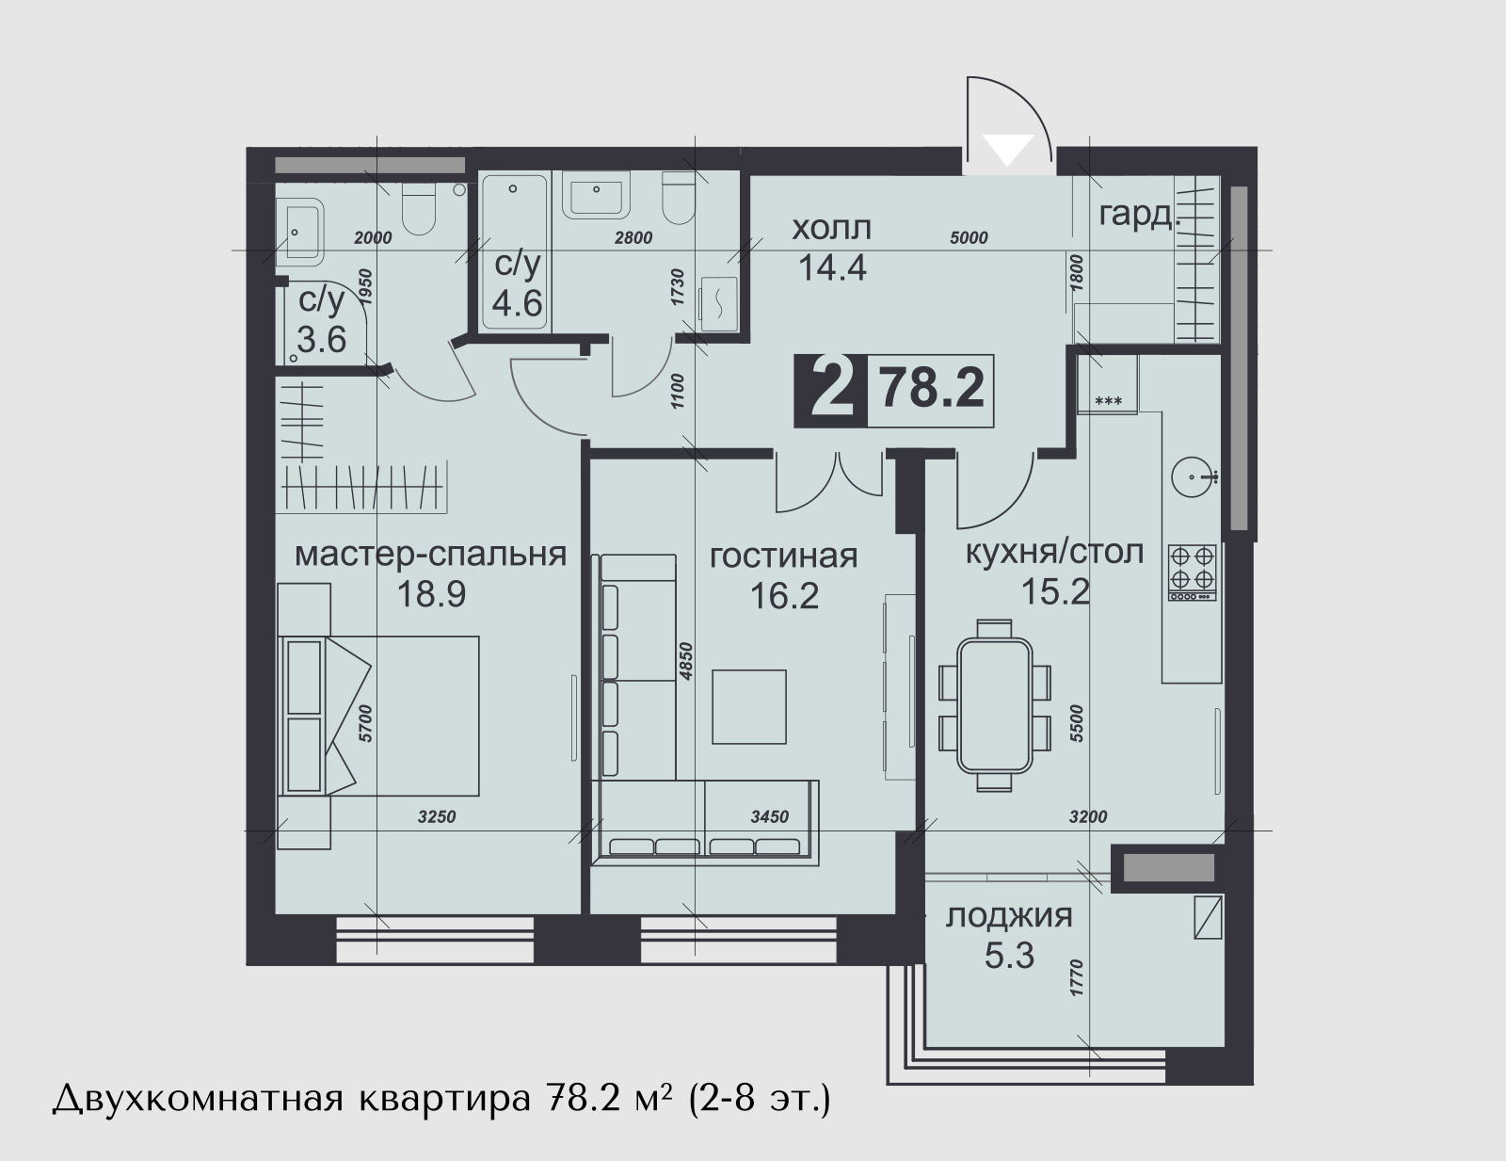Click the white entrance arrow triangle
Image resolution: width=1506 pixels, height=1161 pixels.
(x=1009, y=149)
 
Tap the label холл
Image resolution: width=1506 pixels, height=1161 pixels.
(x=832, y=228)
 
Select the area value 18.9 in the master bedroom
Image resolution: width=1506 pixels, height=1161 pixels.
(x=431, y=594)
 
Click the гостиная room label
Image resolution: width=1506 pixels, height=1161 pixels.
(x=784, y=556)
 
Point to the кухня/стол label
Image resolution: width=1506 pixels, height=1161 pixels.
(x=1054, y=553)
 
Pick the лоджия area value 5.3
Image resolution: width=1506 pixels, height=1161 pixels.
(x=1009, y=956)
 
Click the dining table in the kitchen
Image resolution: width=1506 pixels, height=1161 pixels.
(x=995, y=706)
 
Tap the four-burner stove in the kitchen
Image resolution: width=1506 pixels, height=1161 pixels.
(x=1192, y=572)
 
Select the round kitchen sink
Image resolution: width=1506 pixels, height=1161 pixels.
(x=1193, y=476)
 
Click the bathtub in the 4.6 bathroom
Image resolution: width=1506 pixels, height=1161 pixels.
(x=514, y=253)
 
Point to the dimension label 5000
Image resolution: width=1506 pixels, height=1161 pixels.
(x=969, y=237)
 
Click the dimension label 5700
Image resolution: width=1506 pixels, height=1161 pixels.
(x=366, y=724)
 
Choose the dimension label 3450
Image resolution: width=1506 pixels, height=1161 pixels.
(x=770, y=817)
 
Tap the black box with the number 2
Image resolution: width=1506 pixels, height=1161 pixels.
(x=830, y=390)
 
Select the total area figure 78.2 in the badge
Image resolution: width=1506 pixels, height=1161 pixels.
(x=931, y=389)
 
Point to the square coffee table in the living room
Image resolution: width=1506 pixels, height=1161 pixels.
(x=749, y=707)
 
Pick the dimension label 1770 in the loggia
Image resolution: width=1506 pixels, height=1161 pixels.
(x=1076, y=978)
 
